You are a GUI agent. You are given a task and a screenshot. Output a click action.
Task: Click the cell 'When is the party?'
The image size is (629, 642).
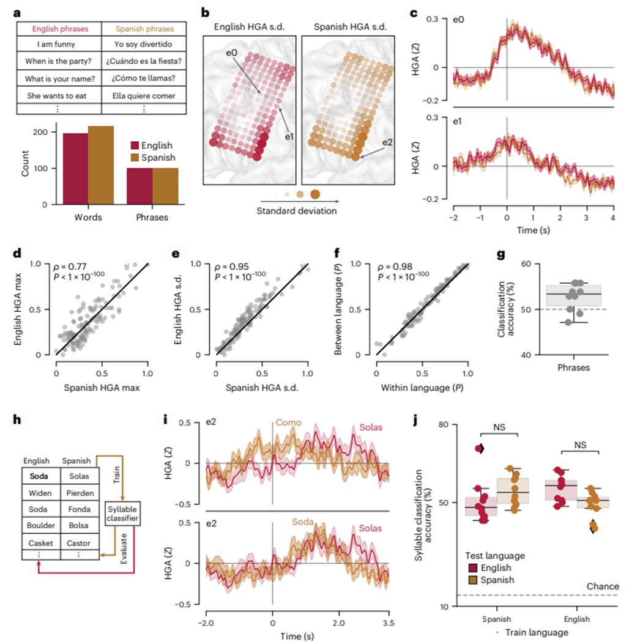coord(59,61)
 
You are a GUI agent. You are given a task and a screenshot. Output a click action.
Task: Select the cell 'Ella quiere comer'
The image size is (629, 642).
coord(144,95)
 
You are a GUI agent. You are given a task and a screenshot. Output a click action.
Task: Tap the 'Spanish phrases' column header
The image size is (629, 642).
coord(144,29)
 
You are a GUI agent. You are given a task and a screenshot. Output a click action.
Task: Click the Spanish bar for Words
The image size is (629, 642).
coord(100,165)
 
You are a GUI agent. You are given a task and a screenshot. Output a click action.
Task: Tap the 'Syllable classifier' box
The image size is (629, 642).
coord(122,513)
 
